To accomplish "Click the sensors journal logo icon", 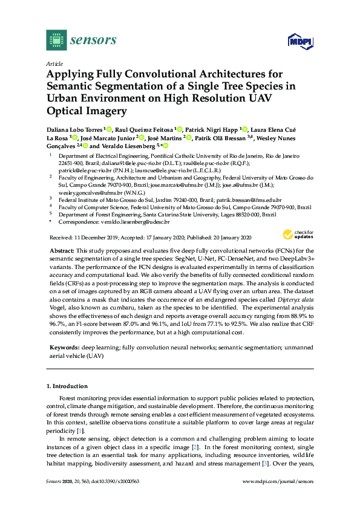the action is point(56,41).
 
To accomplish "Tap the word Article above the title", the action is point(54,63).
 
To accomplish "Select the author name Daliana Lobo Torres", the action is point(74,129).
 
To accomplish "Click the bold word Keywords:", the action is point(64,349).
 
